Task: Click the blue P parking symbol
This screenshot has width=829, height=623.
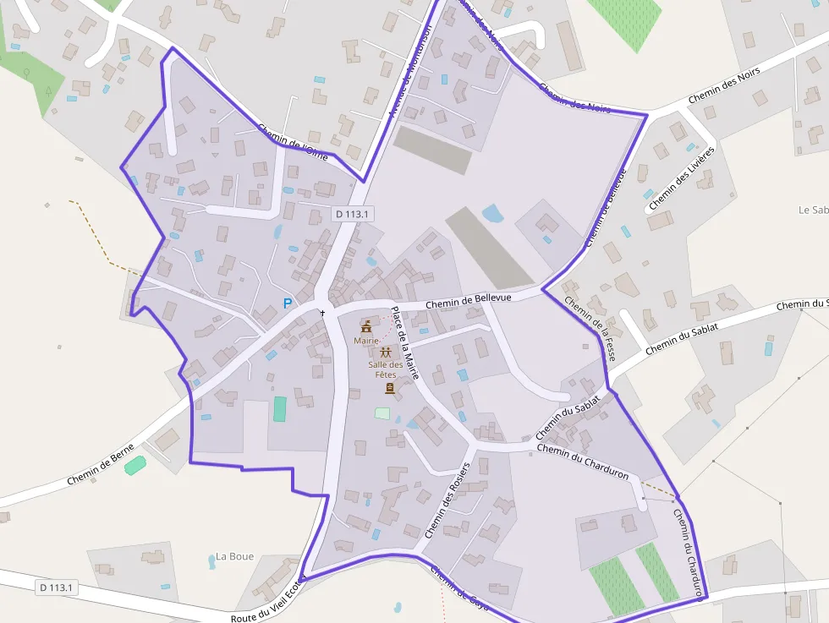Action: [288, 303]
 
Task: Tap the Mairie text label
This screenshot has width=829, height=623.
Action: [366, 341]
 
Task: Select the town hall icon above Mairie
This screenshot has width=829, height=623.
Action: [366, 326]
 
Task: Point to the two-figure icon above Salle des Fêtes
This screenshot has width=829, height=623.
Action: [386, 351]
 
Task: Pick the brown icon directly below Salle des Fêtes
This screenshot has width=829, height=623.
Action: [389, 388]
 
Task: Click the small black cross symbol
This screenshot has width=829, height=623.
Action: [322, 313]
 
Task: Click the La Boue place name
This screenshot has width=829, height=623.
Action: [234, 556]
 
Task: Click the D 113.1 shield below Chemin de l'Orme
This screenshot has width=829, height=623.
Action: [352, 214]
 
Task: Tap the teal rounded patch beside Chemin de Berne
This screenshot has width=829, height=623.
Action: [135, 465]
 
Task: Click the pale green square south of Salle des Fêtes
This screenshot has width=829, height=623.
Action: [382, 413]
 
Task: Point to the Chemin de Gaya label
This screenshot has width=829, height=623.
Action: [459, 584]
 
